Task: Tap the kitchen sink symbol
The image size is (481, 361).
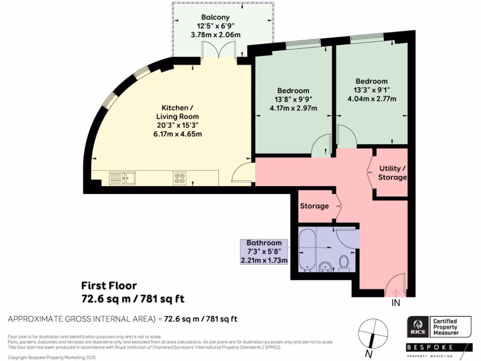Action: [x=122, y=178]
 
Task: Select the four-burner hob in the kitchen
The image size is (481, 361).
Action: [x=179, y=178]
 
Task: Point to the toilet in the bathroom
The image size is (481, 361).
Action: [x=343, y=263]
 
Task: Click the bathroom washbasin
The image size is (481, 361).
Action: [x=325, y=267]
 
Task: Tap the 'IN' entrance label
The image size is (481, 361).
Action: [x=396, y=304]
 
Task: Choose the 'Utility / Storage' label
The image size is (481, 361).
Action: [x=392, y=173]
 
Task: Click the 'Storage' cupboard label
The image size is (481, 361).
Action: [x=314, y=205]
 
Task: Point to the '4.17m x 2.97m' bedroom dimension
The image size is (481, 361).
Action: [x=293, y=108]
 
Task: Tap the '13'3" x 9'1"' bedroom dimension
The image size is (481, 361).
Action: [x=371, y=90]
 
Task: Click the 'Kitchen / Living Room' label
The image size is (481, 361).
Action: [x=177, y=112]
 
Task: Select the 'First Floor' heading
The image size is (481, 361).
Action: [x=109, y=285]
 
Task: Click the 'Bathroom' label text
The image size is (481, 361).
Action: [x=264, y=243]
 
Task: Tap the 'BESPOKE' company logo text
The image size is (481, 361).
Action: [x=430, y=347]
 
